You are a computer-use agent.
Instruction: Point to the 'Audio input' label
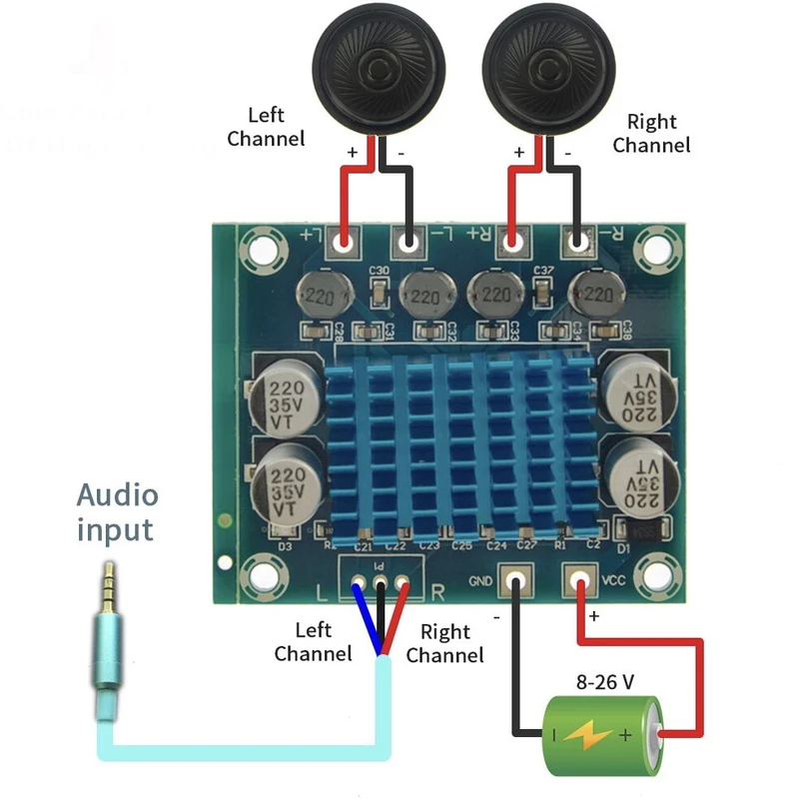[117, 511]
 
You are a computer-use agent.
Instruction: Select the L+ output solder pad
[346, 242]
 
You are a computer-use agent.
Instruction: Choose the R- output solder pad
[577, 242]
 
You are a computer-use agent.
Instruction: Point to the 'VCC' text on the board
[612, 579]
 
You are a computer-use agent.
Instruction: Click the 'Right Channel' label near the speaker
[651, 134]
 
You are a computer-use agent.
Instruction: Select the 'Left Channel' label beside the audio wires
[313, 642]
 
